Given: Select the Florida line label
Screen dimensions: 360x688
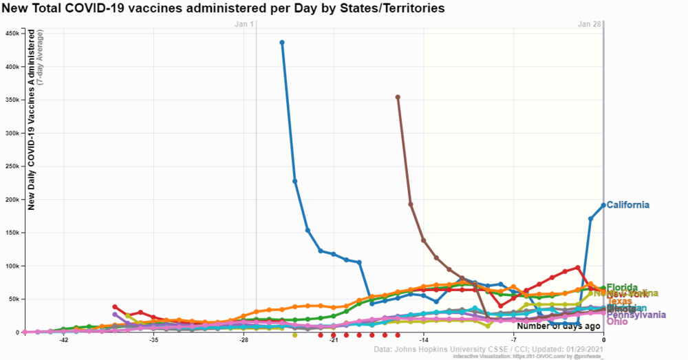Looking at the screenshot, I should pos(622,287).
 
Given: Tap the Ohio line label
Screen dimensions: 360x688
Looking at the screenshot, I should pos(618,321).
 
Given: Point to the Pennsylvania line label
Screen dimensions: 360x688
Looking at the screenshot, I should pos(636,315).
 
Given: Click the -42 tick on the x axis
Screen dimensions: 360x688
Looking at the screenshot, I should pos(63,340).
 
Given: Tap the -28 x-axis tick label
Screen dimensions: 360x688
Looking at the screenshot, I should pos(244,340).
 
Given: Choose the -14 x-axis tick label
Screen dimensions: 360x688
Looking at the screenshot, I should pos(424,340).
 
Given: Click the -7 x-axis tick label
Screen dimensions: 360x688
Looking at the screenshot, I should pos(514,340).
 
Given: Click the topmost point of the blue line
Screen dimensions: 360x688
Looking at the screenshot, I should pos(282,43).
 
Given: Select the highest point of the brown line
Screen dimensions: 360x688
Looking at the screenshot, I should pos(398,97).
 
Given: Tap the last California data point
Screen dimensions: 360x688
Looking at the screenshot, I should pos(603,205).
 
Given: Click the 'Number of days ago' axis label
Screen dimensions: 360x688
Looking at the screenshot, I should pos(559,326).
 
